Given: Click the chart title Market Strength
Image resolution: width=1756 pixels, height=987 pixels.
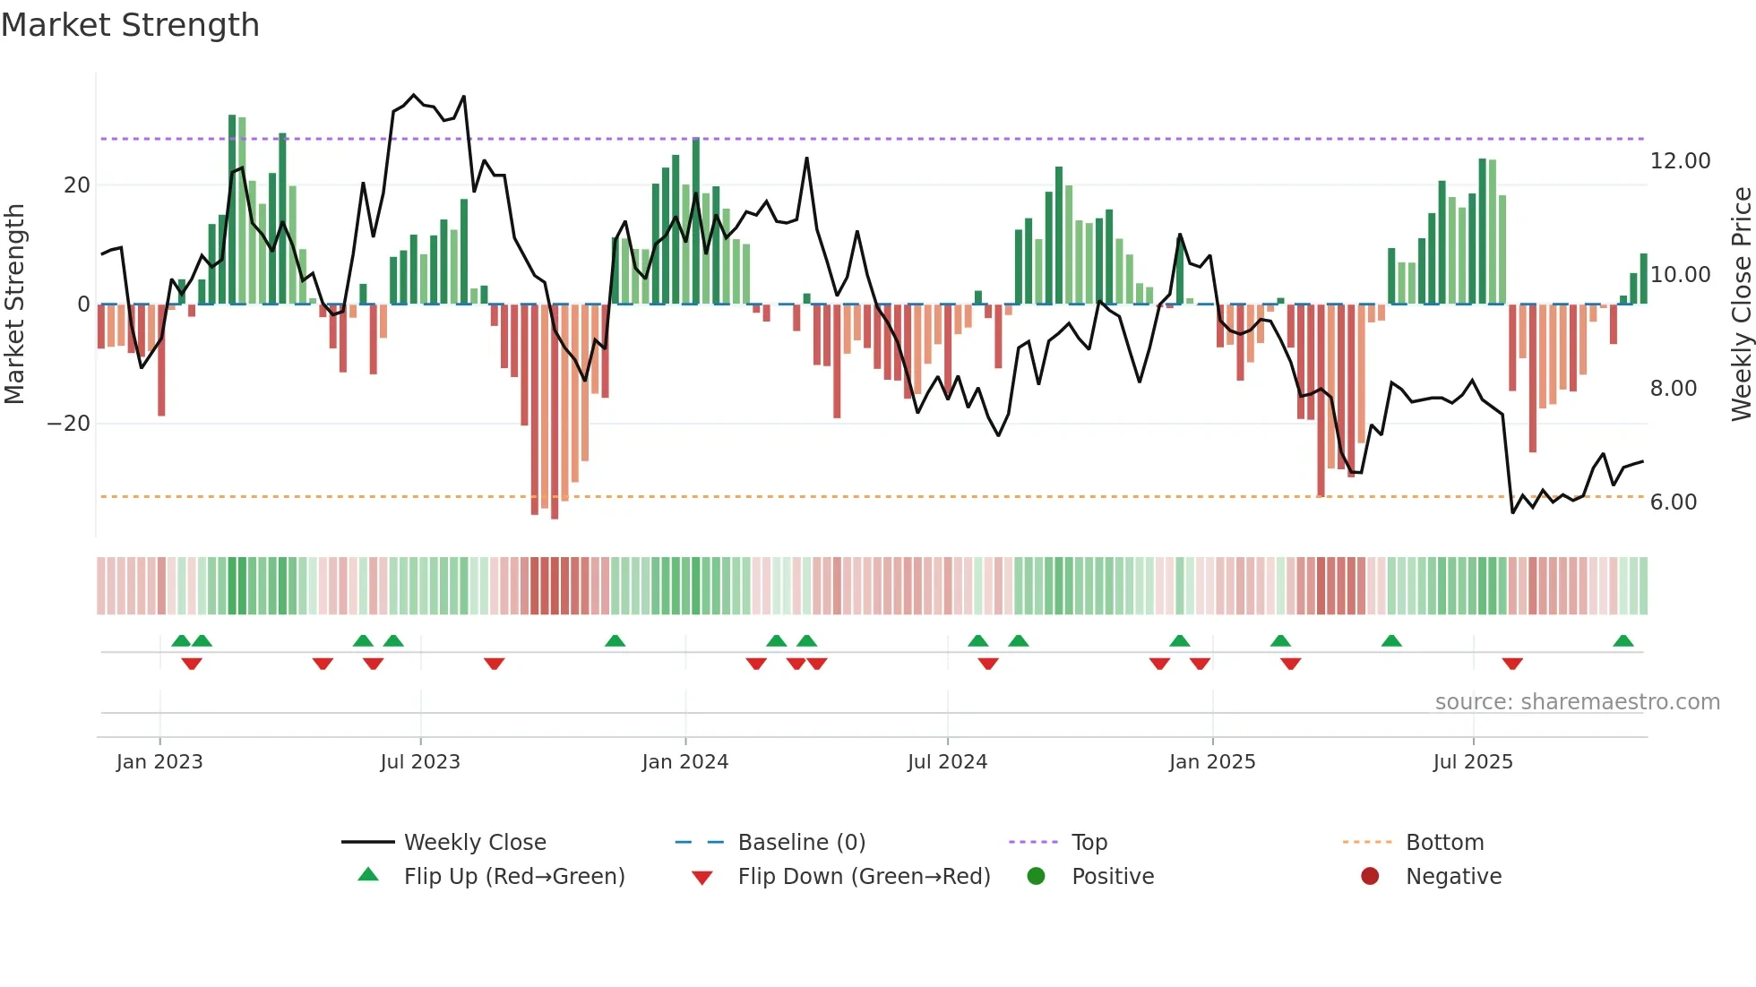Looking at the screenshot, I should [x=131, y=25].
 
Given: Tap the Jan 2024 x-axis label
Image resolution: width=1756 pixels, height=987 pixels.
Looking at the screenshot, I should [x=685, y=762].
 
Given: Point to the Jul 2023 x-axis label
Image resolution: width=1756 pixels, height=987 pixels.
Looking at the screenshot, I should [x=420, y=762].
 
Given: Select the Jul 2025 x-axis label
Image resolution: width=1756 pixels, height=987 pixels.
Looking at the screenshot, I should [x=1473, y=762].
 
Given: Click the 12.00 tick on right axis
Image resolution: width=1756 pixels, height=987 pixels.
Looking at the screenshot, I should [x=1680, y=161].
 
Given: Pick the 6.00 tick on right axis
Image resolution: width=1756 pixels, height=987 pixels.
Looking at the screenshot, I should [x=1674, y=502].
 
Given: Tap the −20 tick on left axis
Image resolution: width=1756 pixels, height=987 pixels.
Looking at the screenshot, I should [x=69, y=424].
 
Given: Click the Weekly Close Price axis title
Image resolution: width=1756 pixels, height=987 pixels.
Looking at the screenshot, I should [x=1741, y=305].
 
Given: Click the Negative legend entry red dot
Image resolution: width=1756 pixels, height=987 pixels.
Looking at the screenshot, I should [x=1370, y=877].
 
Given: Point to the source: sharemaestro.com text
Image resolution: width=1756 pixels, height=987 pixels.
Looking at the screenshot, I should [x=1577, y=702].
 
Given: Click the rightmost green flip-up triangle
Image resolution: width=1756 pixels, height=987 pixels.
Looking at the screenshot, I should [x=1623, y=641].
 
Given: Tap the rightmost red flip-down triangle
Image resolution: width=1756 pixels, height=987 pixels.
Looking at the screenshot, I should [x=1512, y=664].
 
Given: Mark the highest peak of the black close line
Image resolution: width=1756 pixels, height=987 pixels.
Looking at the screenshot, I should [x=414, y=95].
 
